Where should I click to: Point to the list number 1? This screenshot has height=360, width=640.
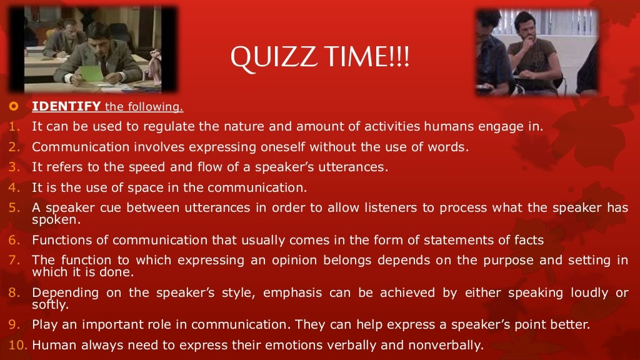click(x=14, y=127)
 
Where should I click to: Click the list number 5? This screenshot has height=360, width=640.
click(x=14, y=207)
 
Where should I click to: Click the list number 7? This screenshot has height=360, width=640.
click(x=14, y=260)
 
